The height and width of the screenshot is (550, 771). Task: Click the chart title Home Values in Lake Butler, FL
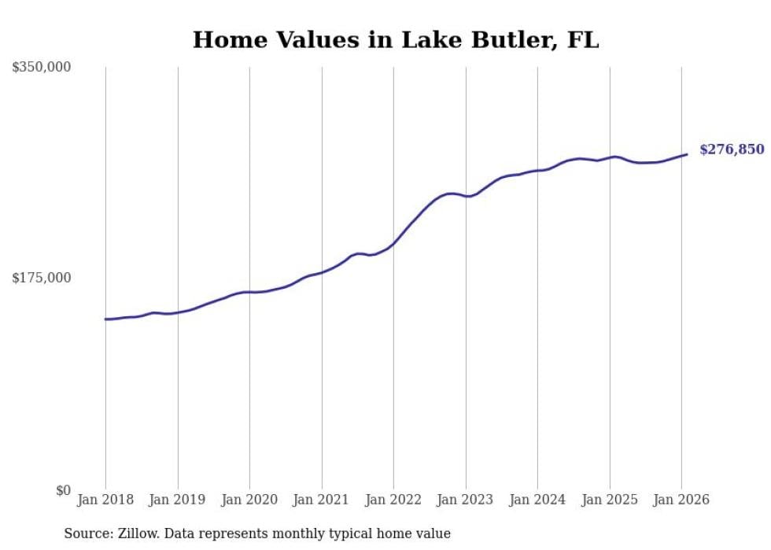click(x=396, y=39)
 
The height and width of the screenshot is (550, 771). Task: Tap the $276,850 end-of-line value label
click(x=731, y=149)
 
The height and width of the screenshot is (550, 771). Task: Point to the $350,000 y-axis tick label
click(x=41, y=68)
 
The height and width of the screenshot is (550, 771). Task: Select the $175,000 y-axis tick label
click(x=41, y=278)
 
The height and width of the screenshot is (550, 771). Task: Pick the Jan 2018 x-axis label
click(x=105, y=500)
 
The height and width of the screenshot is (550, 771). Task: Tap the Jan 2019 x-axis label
click(x=178, y=500)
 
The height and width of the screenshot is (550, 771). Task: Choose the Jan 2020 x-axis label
click(x=249, y=500)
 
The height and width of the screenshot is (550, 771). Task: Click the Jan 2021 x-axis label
click(x=322, y=500)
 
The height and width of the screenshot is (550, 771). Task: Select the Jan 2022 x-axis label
click(x=393, y=500)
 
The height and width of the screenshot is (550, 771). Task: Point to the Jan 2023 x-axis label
click(x=466, y=500)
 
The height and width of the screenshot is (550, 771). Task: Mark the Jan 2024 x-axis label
click(x=537, y=500)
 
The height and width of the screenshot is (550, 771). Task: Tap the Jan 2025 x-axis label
click(x=610, y=500)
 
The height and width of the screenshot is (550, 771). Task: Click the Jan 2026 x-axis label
click(x=681, y=500)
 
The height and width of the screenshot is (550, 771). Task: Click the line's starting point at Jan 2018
click(x=105, y=319)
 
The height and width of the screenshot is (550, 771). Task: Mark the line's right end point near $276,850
click(x=687, y=154)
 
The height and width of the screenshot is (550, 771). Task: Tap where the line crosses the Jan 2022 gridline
click(x=393, y=243)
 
